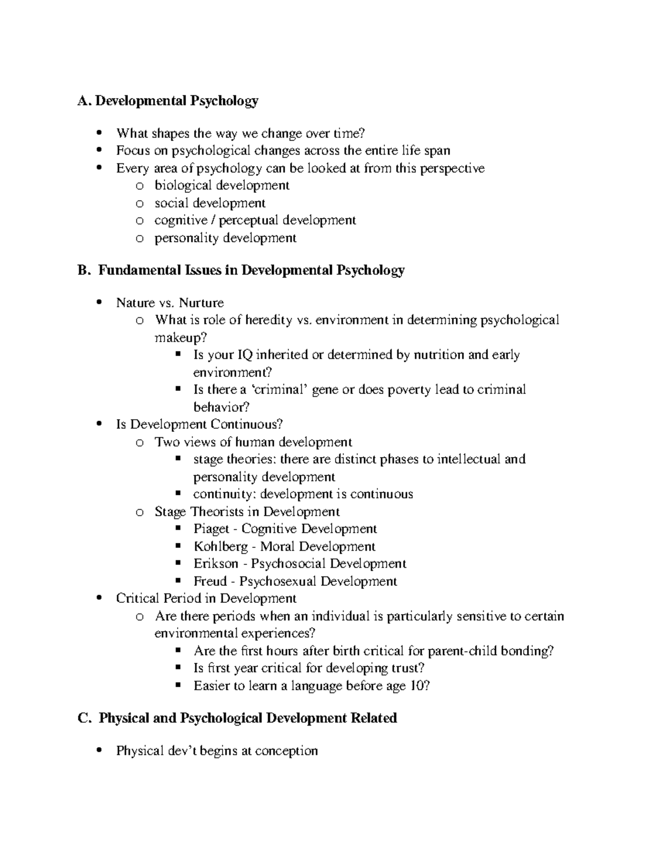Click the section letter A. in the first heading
[84, 101]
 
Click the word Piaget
[211, 529]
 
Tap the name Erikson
[215, 564]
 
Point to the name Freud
[209, 581]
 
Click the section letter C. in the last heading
[84, 718]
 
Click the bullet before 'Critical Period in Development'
[99, 598]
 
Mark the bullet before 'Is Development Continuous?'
[99, 424]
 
